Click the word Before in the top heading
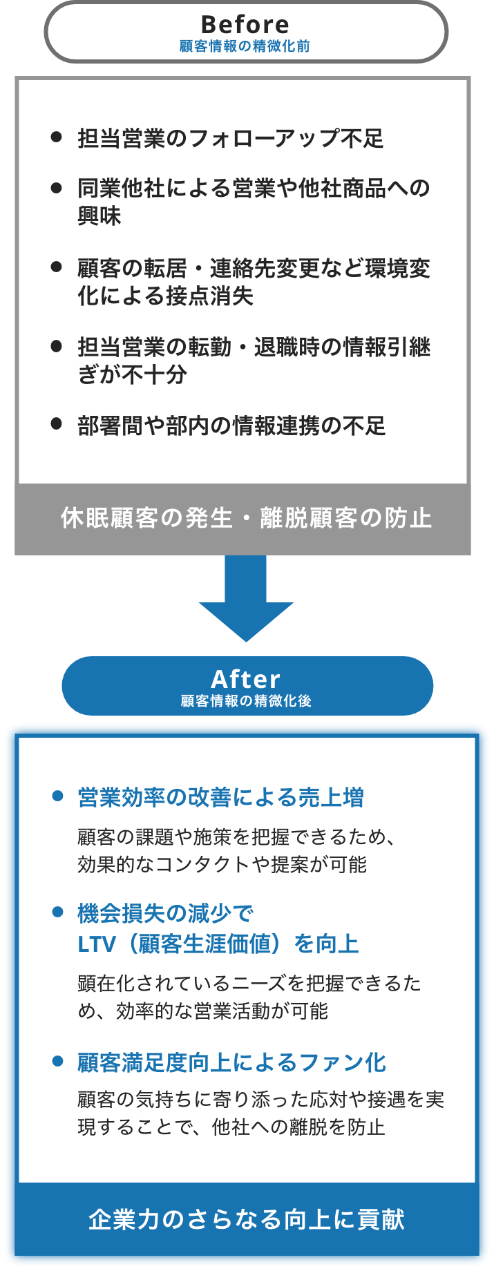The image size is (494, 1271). click(245, 25)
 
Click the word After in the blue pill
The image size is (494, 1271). click(246, 678)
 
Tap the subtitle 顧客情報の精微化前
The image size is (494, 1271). click(245, 46)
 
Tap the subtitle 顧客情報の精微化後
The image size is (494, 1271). click(246, 701)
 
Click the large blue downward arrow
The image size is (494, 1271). click(246, 601)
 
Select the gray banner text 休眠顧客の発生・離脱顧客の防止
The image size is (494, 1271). click(246, 518)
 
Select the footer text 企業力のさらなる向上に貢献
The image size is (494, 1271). click(247, 1220)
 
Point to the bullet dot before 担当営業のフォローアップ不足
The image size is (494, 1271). click(57, 137)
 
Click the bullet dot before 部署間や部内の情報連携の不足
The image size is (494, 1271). click(57, 423)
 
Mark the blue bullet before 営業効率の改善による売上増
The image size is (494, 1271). click(58, 796)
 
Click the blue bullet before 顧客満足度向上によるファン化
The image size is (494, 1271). click(58, 1061)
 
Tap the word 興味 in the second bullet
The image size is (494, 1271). click(99, 216)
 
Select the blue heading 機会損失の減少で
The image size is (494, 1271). click(166, 914)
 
